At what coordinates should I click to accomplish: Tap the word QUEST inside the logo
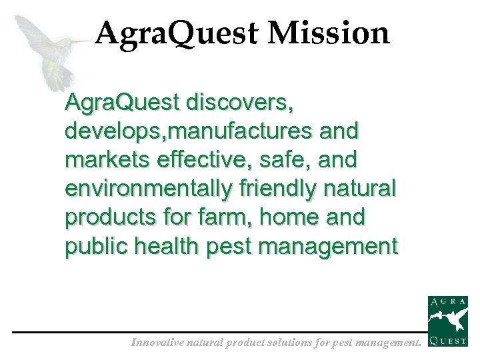tap(447, 345)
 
